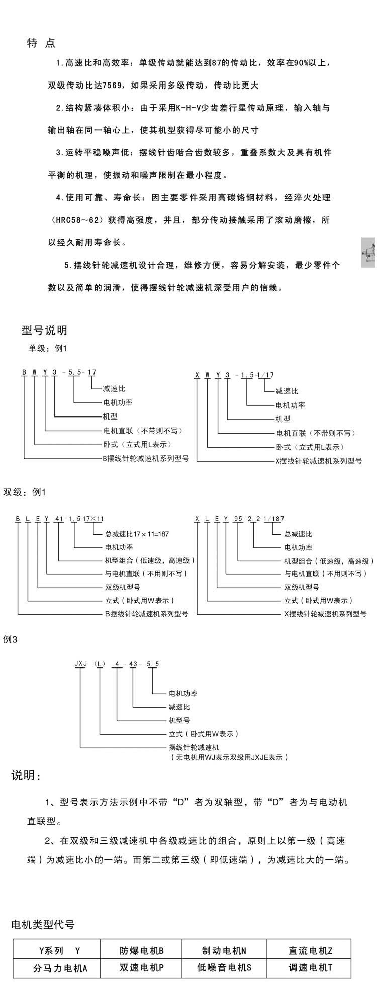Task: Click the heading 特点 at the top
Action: point(41,43)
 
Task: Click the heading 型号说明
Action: point(44,330)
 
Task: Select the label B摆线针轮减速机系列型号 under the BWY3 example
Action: point(146,459)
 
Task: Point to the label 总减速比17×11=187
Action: point(137,534)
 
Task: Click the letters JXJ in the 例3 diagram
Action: point(81,664)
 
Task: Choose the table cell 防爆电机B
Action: point(142,951)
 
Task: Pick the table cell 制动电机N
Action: point(224,951)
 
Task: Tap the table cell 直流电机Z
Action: point(310,951)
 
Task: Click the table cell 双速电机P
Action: point(142,968)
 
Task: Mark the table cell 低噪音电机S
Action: point(224,968)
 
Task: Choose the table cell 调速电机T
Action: point(310,968)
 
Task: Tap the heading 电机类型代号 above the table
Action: point(43,925)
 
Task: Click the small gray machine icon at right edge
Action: point(368,252)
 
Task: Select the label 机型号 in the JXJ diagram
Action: point(179,720)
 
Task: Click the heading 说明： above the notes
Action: point(26,775)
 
